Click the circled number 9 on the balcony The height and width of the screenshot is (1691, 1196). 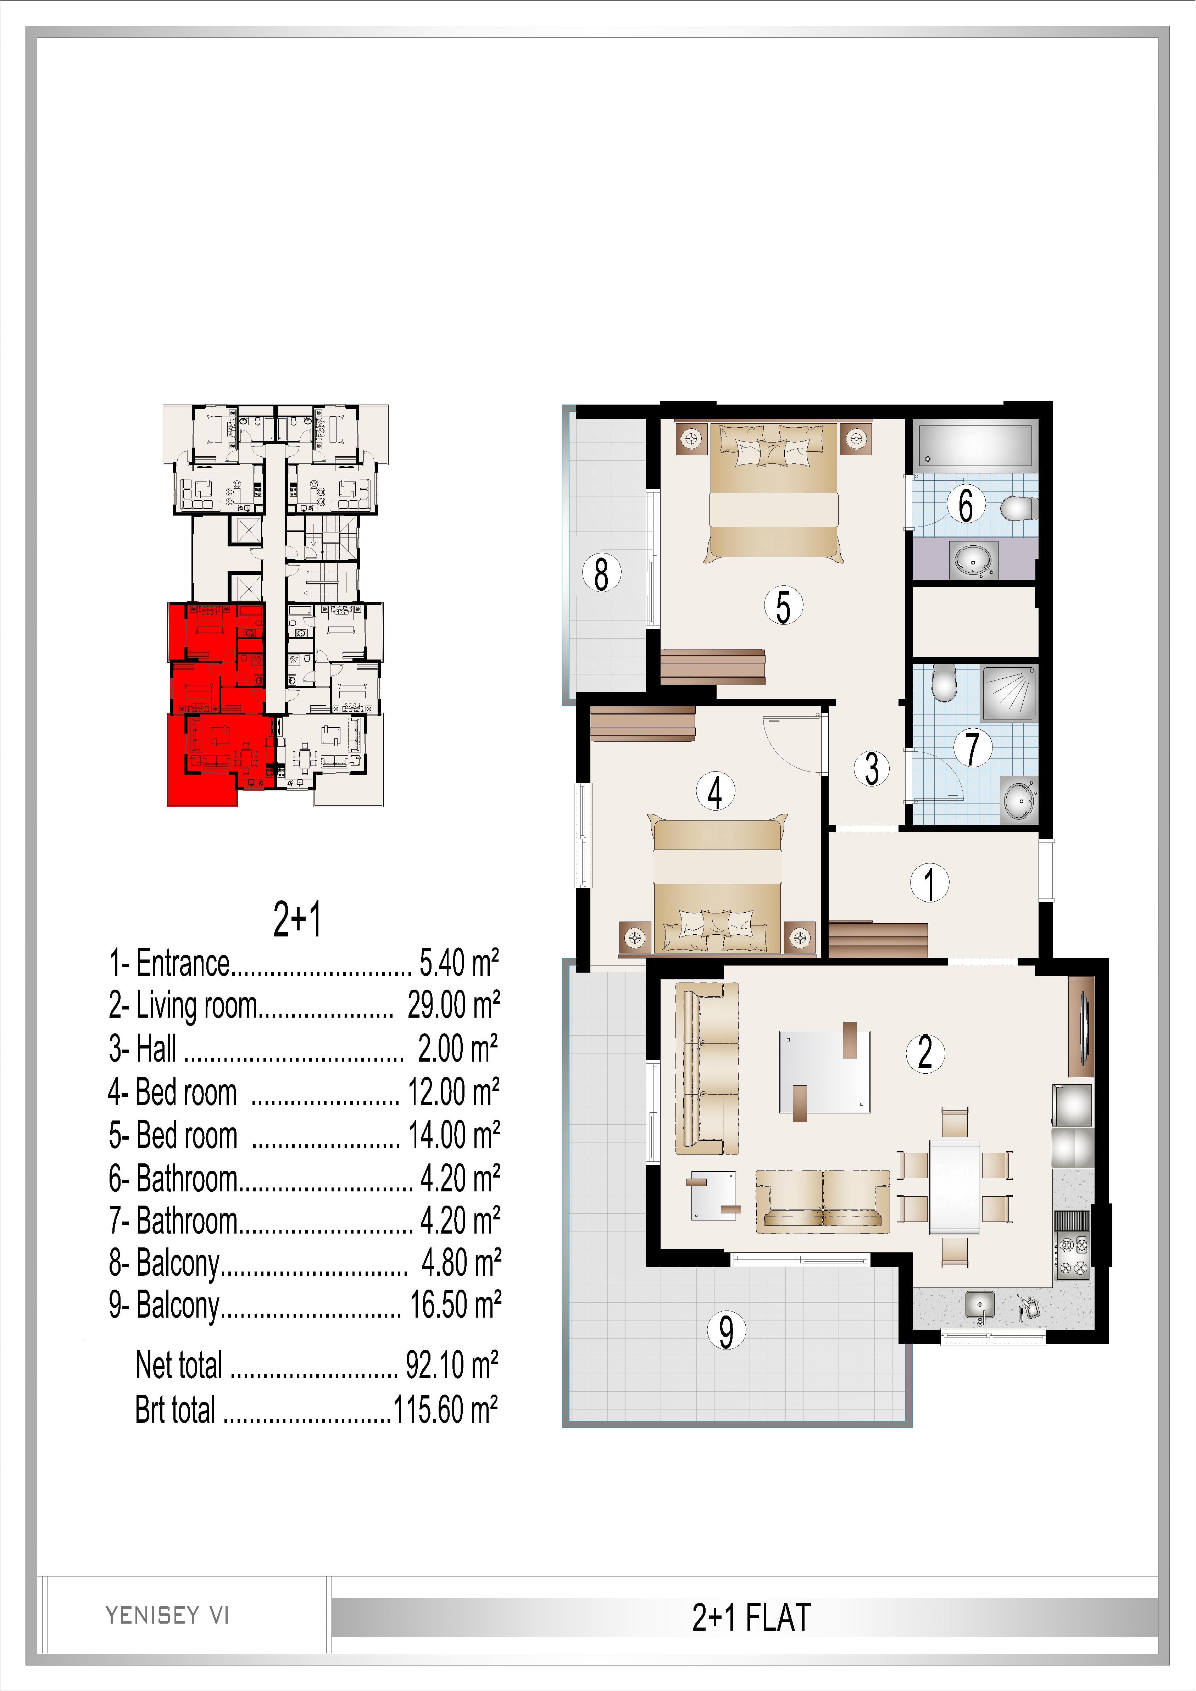click(726, 1331)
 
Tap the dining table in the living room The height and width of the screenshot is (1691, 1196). click(955, 1186)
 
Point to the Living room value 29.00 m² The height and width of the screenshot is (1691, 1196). click(454, 1005)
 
